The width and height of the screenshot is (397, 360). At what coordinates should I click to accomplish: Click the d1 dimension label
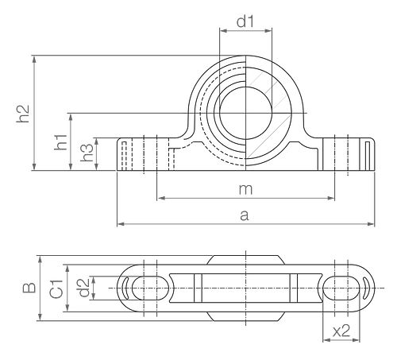[245, 21]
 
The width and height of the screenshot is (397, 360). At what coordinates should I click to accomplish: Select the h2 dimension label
[23, 114]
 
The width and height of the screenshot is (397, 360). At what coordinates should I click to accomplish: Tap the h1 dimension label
[61, 142]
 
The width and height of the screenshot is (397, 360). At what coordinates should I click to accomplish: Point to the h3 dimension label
[87, 153]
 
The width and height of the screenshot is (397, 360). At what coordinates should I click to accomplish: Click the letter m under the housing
[246, 189]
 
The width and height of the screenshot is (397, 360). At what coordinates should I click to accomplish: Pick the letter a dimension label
[245, 215]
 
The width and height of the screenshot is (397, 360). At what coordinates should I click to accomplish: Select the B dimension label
[29, 288]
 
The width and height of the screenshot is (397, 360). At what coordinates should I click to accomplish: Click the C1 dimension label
[56, 288]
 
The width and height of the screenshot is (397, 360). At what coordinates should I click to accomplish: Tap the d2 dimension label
[84, 288]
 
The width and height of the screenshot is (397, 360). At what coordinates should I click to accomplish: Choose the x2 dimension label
[341, 331]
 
